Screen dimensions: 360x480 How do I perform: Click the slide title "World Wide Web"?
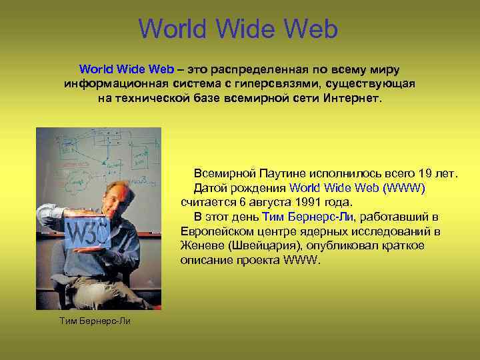point(239,29)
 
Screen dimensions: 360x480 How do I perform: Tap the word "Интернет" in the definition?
point(352,98)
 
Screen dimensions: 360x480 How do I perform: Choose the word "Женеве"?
point(201,245)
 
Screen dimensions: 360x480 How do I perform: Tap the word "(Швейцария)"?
point(260,245)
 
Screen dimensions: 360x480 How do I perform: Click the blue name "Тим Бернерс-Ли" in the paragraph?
point(309,217)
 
